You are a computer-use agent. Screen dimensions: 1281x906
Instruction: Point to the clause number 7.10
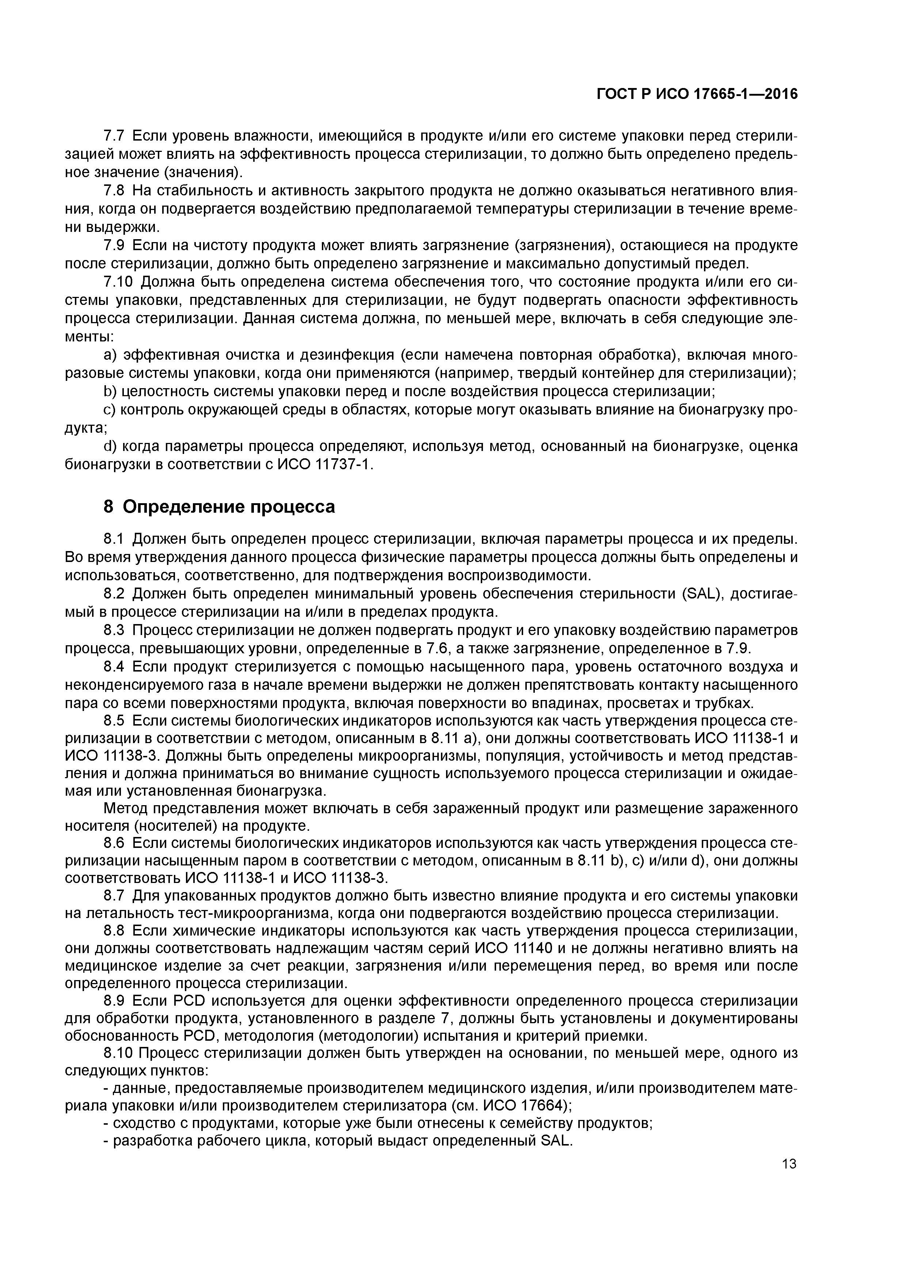tap(118, 282)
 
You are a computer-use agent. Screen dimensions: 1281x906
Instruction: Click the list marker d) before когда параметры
tap(111, 446)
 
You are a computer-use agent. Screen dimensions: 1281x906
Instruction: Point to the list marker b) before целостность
tap(111, 392)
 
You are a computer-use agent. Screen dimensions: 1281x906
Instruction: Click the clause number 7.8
tap(114, 191)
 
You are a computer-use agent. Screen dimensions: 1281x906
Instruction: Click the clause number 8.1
tap(114, 539)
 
